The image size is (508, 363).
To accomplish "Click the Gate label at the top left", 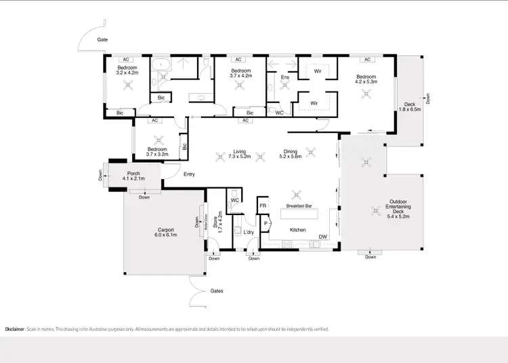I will tap(102, 40).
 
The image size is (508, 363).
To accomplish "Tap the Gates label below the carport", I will tap(216, 290).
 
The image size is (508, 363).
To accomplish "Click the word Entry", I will tap(189, 174).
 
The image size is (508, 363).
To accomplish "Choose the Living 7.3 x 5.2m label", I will tap(238, 154).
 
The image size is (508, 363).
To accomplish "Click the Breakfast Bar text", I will tap(299, 206).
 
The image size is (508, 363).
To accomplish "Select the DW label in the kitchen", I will tap(323, 237).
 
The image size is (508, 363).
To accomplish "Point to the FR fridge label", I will tap(262, 206).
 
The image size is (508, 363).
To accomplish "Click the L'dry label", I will tap(249, 233).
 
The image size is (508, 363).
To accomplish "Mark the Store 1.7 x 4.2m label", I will tap(219, 223).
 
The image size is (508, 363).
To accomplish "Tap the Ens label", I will tap(284, 77).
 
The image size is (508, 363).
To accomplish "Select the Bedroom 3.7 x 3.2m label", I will tap(158, 151).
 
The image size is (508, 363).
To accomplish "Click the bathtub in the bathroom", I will tap(161, 66).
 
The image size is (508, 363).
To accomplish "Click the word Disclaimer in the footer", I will tap(16, 328).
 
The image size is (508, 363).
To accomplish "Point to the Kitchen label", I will tap(299, 230).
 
